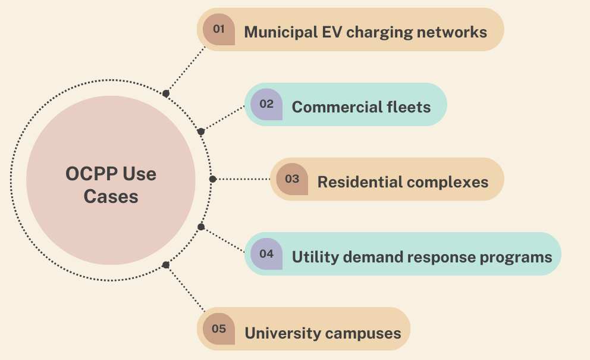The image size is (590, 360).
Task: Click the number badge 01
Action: (x=219, y=29)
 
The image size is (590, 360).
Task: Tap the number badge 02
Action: (x=266, y=104)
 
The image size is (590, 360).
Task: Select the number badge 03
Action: (x=292, y=179)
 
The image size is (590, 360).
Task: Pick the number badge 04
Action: (x=266, y=254)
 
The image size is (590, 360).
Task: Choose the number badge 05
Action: (x=219, y=328)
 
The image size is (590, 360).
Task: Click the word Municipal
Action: (x=281, y=33)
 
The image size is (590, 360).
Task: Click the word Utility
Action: (x=315, y=258)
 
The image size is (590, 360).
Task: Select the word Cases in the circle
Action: (x=111, y=196)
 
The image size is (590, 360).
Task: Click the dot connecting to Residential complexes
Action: (x=212, y=179)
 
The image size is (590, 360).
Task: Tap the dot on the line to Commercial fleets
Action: (x=201, y=132)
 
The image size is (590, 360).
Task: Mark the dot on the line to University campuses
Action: (x=165, y=265)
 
